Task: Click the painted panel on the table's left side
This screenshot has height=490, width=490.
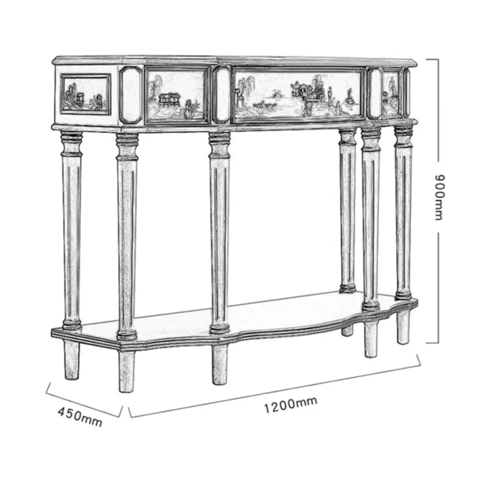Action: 86,94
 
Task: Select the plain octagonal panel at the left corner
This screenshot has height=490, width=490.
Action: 131,95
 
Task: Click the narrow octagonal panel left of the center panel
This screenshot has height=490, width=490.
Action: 221,95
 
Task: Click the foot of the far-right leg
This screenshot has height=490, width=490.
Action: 403,328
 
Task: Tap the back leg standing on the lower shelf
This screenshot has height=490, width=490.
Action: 348,211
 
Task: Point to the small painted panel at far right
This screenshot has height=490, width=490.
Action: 392,93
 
